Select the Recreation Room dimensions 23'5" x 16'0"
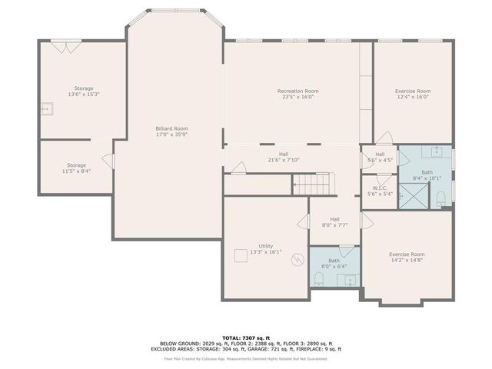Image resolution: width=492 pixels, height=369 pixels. tap(298, 98)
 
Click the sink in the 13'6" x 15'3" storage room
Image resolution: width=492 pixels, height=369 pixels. tap(46, 109)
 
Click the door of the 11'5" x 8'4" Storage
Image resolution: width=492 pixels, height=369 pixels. tap(109, 162)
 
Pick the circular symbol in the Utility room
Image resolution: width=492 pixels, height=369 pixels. tap(297, 260)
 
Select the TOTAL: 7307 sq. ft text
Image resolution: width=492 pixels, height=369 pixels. tap(245, 337)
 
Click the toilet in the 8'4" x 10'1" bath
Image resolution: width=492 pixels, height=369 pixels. tap(441, 198)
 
